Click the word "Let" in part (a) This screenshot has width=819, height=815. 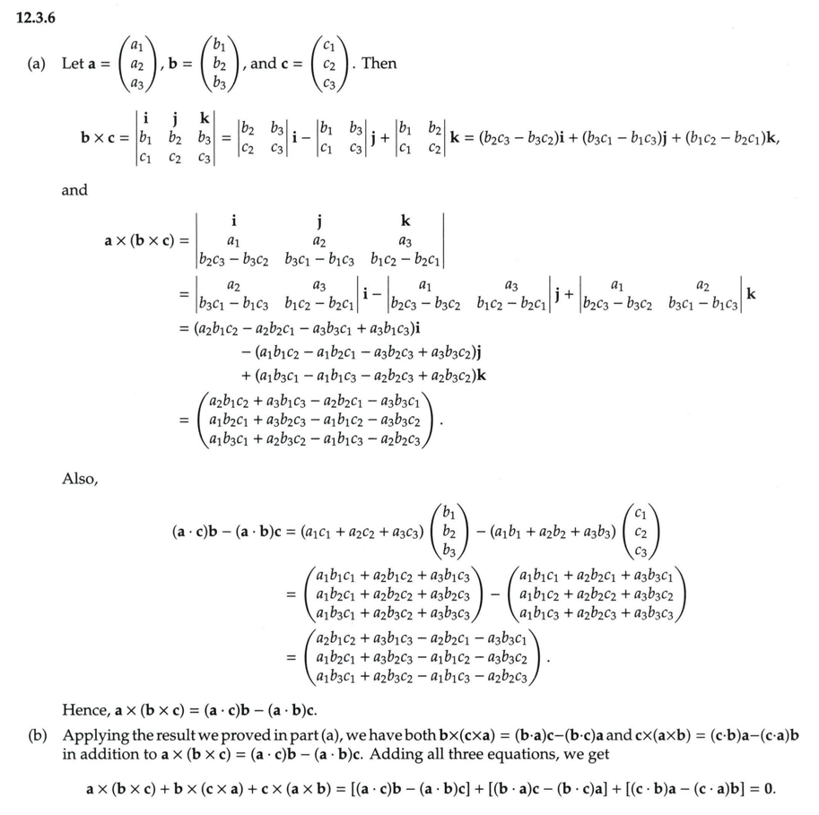coord(72,64)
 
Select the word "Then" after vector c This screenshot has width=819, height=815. coord(379,64)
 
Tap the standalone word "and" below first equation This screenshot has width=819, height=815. coord(74,190)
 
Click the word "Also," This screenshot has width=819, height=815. coord(79,480)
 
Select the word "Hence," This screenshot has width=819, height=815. coord(86,711)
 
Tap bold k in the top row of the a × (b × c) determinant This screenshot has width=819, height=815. coord(406,221)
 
